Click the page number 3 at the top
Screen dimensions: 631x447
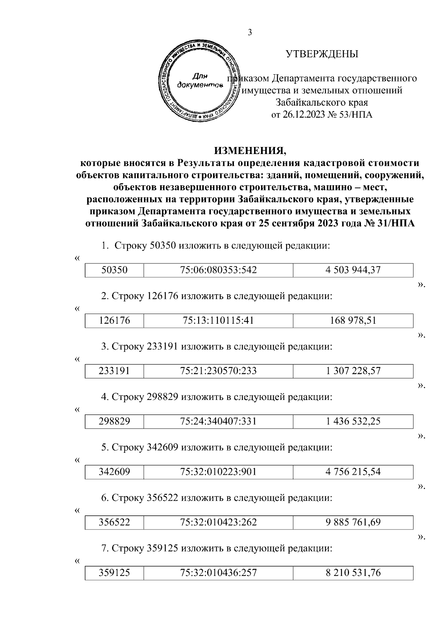coord(250,33)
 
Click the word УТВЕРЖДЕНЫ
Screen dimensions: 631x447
coord(322,54)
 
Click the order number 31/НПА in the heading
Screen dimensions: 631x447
coord(395,224)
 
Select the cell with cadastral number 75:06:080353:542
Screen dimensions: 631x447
coord(218,270)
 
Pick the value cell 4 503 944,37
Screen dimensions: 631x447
coord(353,270)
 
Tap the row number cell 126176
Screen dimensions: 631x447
coord(114,320)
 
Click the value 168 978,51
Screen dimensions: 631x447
coord(353,320)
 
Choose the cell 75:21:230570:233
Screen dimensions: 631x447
coord(218,371)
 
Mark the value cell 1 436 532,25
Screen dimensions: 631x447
coord(353,422)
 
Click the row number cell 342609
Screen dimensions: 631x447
coord(114,472)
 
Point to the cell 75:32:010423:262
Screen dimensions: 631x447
coord(218,522)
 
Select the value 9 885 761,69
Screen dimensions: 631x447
coord(353,522)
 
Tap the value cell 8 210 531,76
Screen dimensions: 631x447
coord(353,573)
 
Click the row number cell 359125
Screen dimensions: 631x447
coord(114,573)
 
